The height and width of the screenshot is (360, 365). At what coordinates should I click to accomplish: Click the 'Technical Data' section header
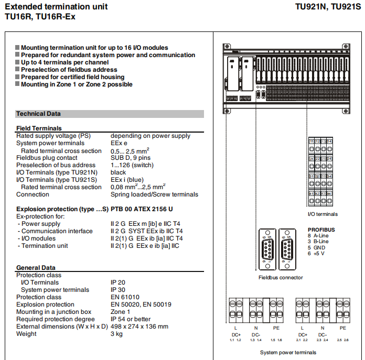tap(38, 114)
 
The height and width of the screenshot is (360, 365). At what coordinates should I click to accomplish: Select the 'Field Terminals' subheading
tap(39, 128)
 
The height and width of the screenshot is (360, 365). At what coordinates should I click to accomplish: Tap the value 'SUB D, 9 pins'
tap(130, 158)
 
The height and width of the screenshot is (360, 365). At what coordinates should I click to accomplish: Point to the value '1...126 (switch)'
tap(132, 165)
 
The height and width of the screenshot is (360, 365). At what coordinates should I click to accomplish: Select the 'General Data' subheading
tap(36, 268)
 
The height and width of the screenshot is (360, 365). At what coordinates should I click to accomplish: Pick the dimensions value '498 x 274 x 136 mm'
tap(139, 326)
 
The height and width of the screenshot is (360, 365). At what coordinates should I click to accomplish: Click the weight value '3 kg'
tap(116, 334)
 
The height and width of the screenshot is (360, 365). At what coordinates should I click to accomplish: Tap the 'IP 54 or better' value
tap(131, 319)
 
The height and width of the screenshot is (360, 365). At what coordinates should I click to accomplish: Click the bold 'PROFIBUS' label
tap(321, 230)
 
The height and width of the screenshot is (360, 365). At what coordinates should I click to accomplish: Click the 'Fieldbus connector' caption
tap(281, 278)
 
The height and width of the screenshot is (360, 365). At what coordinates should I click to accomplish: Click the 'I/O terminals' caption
tap(323, 214)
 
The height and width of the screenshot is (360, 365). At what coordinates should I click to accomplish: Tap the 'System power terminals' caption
tap(288, 353)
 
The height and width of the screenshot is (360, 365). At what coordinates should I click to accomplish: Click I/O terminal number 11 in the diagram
tap(312, 141)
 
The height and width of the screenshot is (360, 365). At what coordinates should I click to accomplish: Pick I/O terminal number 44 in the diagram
tap(329, 194)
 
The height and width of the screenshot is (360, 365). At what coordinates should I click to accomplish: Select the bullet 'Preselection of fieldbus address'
tap(69, 70)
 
